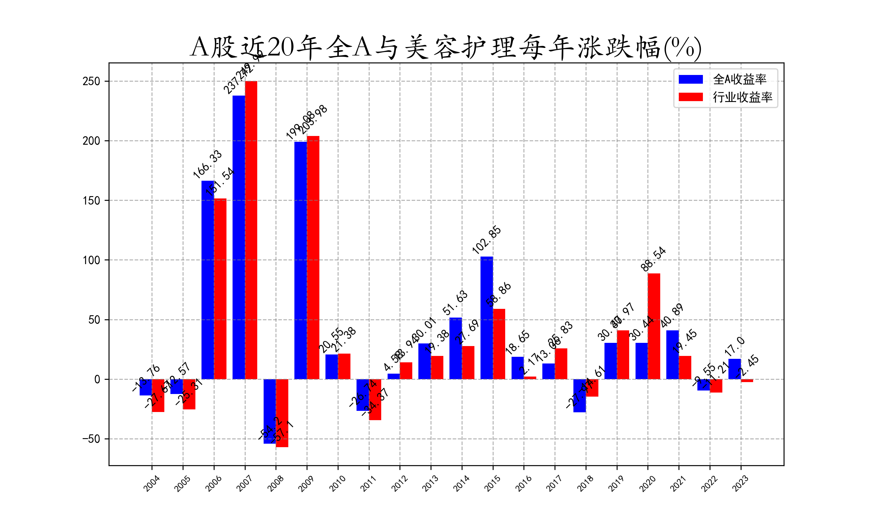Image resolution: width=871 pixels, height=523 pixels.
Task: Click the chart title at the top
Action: click(x=446, y=48)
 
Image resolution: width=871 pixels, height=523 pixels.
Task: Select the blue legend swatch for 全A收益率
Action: click(x=690, y=79)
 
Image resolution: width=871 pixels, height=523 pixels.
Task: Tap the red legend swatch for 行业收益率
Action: click(x=690, y=97)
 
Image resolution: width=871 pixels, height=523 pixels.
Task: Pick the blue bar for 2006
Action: click(x=207, y=280)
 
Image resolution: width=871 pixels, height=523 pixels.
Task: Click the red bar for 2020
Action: click(x=654, y=326)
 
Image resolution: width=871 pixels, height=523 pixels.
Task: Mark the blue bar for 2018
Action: click(x=580, y=396)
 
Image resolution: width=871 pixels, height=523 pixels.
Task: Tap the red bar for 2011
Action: click(x=375, y=400)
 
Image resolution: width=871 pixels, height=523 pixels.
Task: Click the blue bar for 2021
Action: click(x=672, y=355)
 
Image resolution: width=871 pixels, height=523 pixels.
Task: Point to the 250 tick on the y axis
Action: click(x=91, y=81)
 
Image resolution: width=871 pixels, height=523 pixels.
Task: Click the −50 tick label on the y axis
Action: click(x=91, y=439)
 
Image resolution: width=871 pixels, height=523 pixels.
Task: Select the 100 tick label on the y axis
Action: click(x=91, y=260)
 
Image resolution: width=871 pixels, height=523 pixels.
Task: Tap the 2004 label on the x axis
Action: click(x=152, y=483)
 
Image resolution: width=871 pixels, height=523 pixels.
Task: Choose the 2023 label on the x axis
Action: click(x=740, y=483)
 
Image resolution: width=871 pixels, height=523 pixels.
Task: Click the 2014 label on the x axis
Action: click(x=461, y=483)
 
